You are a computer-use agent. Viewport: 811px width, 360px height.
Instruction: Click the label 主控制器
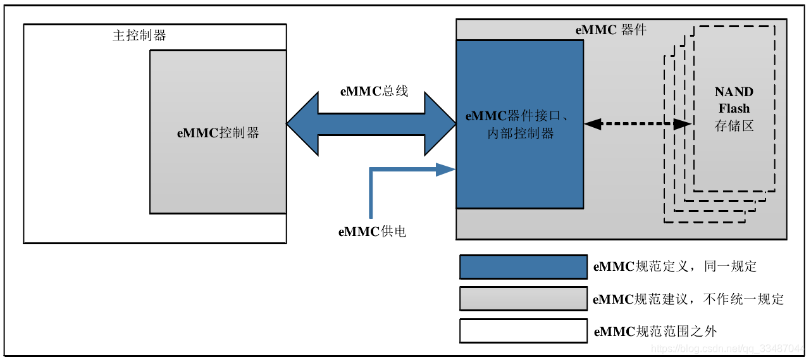click(139, 35)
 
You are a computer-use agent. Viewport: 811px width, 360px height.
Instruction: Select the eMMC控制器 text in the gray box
click(218, 133)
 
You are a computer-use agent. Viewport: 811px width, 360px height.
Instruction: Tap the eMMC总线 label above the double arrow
click(374, 91)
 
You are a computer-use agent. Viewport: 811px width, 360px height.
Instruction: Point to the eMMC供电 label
click(372, 232)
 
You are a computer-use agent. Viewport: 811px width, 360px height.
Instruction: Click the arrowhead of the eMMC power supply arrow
click(447, 169)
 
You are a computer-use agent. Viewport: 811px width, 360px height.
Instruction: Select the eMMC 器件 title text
click(610, 30)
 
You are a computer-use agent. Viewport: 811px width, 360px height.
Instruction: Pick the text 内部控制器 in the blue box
click(521, 133)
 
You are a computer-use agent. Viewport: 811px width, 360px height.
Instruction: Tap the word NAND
click(734, 92)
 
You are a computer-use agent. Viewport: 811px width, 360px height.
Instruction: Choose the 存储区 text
click(734, 126)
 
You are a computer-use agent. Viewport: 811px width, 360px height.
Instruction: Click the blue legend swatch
click(523, 267)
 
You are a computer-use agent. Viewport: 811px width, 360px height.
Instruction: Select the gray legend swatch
click(523, 299)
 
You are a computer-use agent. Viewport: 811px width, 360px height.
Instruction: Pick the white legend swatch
click(523, 331)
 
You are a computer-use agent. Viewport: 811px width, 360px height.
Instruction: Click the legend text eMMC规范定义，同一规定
click(674, 266)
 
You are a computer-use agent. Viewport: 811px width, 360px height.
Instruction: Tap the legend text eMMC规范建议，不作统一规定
click(688, 299)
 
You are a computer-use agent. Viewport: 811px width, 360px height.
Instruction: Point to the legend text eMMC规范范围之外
click(655, 331)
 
